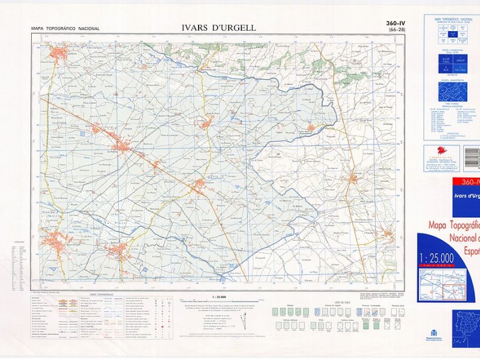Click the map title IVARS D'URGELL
pos(218,28)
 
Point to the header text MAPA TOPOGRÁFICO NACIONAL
pos(65,29)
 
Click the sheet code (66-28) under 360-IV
pos(397,30)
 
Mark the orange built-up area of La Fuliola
pos(123,145)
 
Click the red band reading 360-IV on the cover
pos(464,182)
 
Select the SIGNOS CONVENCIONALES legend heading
pos(102,294)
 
